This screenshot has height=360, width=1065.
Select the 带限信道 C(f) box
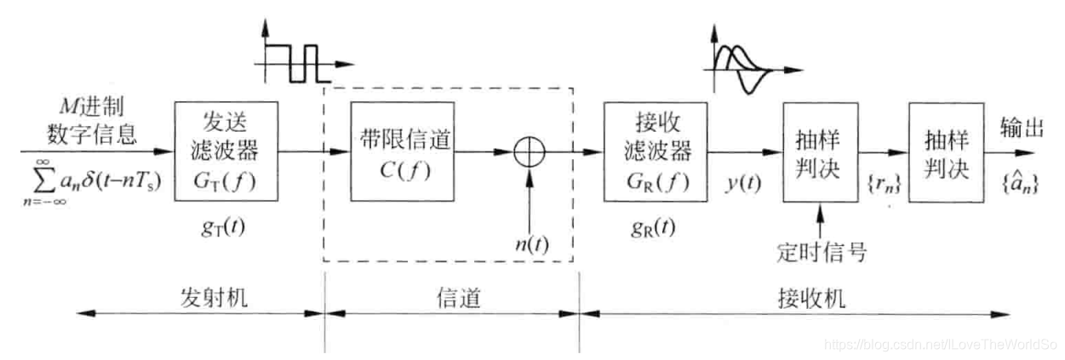(392, 151)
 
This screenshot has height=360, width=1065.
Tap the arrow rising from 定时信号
(819, 220)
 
